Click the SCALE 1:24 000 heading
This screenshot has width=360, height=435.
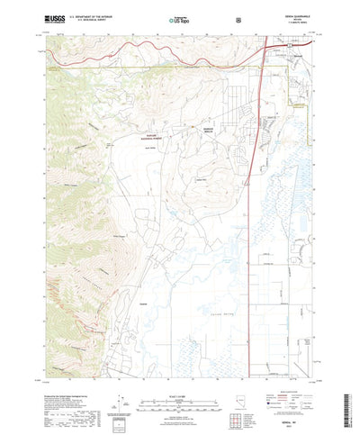180,367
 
